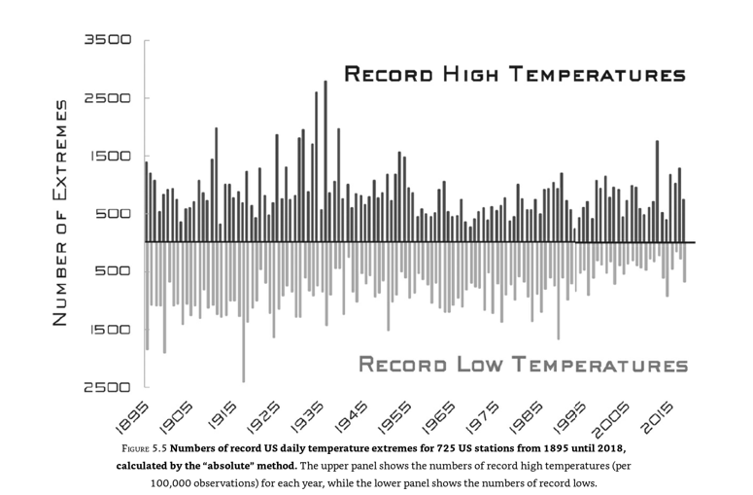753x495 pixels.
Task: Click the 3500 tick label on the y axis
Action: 107,41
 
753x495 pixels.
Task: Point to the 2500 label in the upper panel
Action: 107,98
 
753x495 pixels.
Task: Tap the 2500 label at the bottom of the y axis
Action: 107,387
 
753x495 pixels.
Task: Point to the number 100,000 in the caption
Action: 186,483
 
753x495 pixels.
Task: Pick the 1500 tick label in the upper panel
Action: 107,156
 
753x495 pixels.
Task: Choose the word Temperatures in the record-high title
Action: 596,74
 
